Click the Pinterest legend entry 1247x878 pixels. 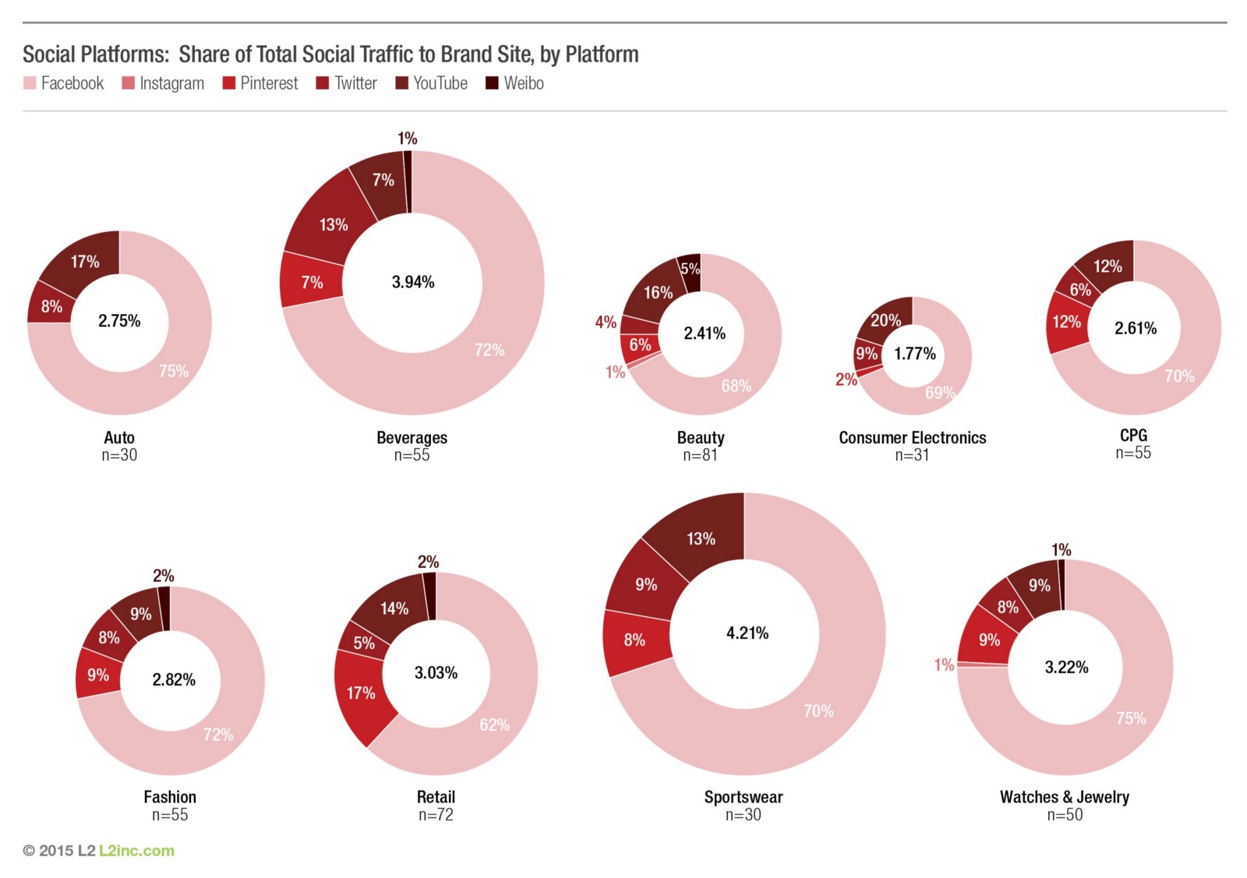click(260, 83)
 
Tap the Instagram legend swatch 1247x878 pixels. click(129, 83)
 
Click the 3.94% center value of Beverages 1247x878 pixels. click(413, 282)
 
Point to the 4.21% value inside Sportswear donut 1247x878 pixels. click(747, 633)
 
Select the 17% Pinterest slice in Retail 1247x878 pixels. click(360, 693)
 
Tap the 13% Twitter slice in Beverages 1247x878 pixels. click(333, 224)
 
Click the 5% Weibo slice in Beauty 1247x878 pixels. click(690, 270)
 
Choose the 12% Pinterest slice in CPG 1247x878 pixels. click(1066, 322)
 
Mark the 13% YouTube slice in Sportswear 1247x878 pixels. click(700, 538)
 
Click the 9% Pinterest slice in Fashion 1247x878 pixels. click(98, 675)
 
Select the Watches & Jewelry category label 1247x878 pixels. click(1064, 796)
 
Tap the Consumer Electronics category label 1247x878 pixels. click(912, 438)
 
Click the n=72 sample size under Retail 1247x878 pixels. click(436, 815)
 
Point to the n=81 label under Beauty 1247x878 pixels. click(700, 455)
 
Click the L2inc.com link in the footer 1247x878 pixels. click(136, 850)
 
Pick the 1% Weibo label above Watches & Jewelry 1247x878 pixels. click(1061, 550)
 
